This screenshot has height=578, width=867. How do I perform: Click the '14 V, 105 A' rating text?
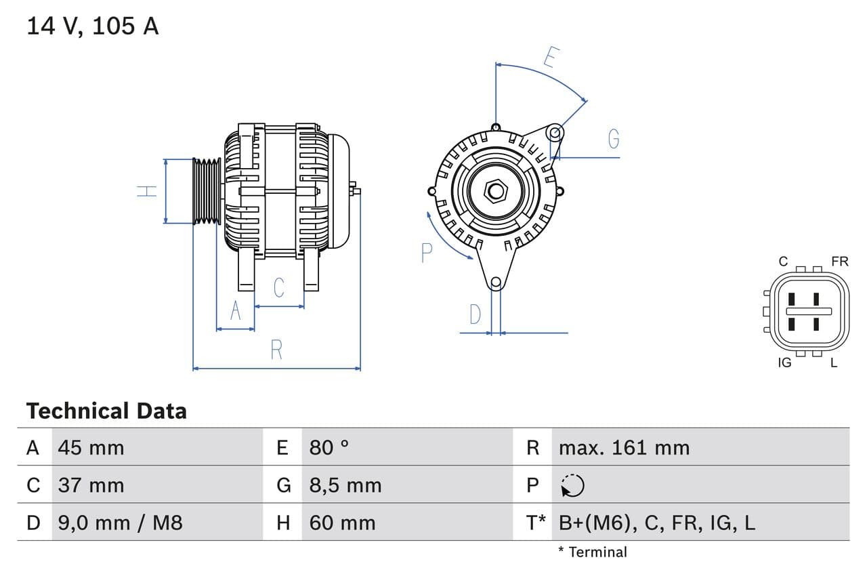(x=92, y=26)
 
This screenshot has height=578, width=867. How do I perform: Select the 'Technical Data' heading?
(x=106, y=411)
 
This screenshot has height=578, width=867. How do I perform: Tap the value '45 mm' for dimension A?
(x=91, y=448)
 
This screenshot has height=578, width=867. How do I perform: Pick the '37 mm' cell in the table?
(x=91, y=485)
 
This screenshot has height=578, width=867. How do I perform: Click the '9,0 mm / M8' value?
(x=120, y=522)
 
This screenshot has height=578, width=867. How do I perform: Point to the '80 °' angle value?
(x=329, y=448)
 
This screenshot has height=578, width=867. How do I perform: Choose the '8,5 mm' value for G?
(x=345, y=485)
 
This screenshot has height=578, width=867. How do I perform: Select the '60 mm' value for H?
(x=342, y=522)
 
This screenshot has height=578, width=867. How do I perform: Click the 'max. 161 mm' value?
(x=624, y=448)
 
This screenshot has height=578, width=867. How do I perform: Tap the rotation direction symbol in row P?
(x=572, y=485)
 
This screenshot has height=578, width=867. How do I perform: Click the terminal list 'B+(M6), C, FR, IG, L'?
(x=656, y=522)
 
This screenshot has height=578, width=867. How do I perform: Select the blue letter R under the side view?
(x=276, y=350)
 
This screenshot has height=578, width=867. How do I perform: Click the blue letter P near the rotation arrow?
(x=426, y=253)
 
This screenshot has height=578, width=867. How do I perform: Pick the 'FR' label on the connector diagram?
(x=839, y=262)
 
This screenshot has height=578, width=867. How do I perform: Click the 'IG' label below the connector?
(x=784, y=363)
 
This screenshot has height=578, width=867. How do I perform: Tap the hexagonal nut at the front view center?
(x=495, y=191)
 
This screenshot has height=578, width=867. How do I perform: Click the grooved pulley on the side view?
(x=207, y=191)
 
